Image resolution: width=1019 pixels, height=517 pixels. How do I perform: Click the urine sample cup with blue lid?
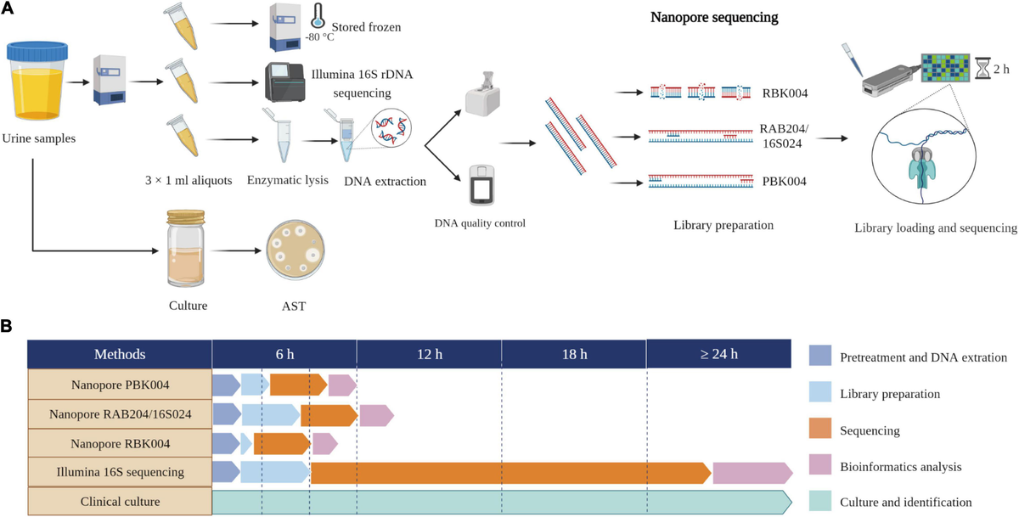pos(35,85)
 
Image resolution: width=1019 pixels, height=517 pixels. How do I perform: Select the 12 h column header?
pos(429,354)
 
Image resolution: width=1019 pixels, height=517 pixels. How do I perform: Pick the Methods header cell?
pos(120,354)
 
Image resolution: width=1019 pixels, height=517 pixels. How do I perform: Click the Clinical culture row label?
pos(120,502)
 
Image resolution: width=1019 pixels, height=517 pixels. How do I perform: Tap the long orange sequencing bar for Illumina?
pos(509,473)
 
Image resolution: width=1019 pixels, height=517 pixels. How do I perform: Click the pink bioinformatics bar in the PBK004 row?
pos(342,385)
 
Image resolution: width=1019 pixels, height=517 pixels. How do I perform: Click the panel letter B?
pos(8,326)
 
